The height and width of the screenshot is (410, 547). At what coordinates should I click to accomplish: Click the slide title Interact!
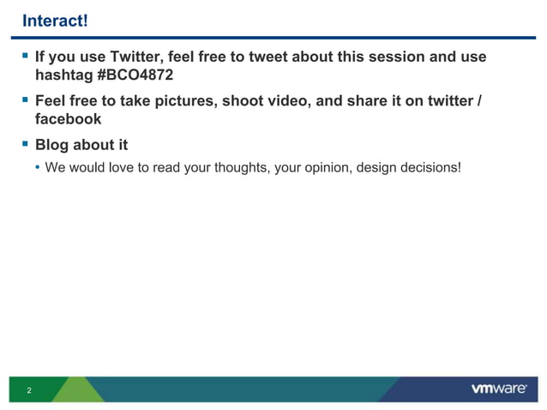point(55,20)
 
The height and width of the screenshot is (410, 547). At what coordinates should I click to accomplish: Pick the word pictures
point(183,101)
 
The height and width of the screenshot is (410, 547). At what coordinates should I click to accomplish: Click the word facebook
point(68,119)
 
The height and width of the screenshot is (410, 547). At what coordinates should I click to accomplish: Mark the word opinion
point(326,166)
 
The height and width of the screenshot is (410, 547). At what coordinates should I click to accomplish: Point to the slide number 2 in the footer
point(29,391)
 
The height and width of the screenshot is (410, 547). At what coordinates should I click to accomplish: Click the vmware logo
point(499,389)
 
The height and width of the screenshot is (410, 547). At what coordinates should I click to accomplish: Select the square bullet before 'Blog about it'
point(25,144)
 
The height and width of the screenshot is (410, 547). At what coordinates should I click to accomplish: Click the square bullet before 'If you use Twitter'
point(25,57)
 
